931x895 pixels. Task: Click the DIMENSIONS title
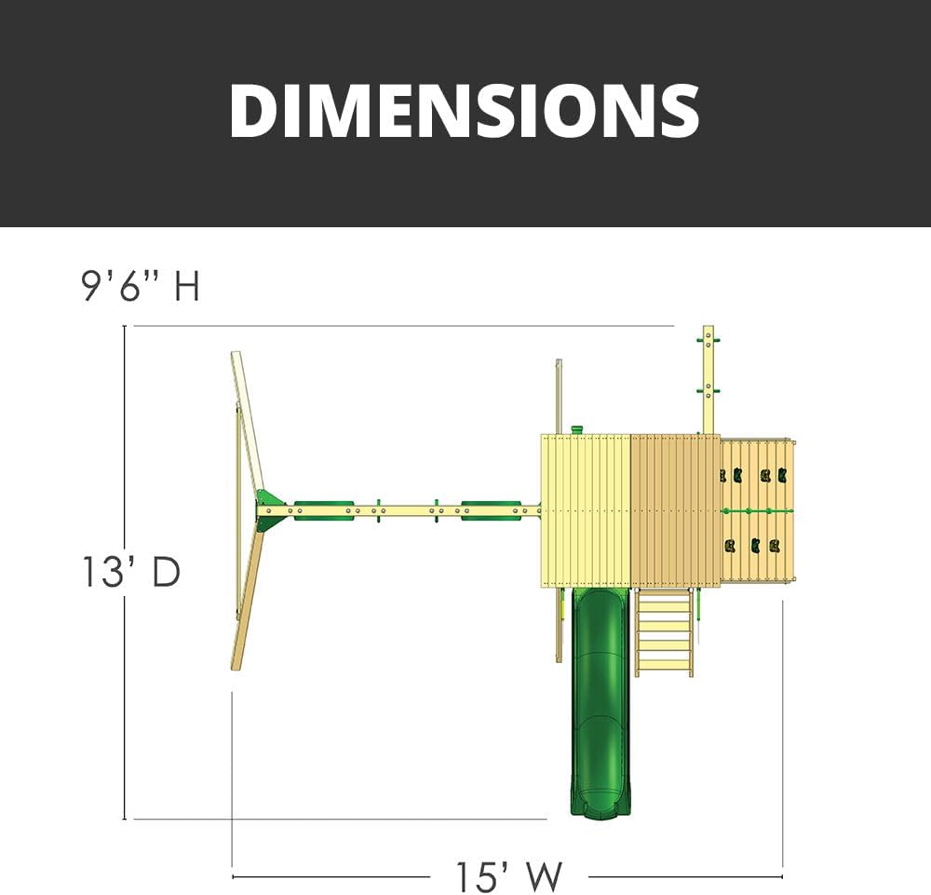[x=465, y=111]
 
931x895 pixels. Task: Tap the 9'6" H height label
[x=141, y=286]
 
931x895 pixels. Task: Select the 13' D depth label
[x=130, y=572]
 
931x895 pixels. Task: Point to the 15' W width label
[x=508, y=876]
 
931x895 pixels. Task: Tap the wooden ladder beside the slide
[x=664, y=632]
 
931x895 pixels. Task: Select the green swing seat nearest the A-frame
[x=324, y=510]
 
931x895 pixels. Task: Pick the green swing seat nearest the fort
[x=492, y=510]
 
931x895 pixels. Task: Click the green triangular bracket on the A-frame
[x=270, y=510]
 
